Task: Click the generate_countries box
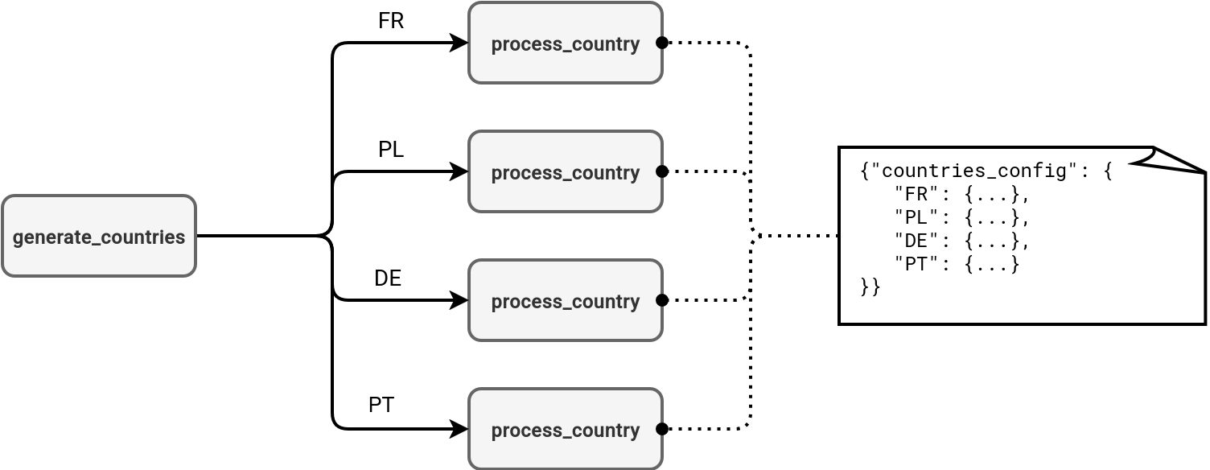[x=99, y=236]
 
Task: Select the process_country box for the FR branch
[x=565, y=43]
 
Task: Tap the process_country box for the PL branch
[x=565, y=171]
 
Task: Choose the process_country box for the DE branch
[x=565, y=300]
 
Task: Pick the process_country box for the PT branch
[x=565, y=429]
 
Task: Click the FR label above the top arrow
[x=390, y=21]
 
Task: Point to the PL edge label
[x=390, y=150]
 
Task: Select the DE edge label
[x=387, y=278]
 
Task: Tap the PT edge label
[x=381, y=405]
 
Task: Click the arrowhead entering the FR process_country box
[x=460, y=43]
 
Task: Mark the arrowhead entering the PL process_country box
[x=460, y=171]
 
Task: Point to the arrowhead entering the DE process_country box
[x=460, y=300]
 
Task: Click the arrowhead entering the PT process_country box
[x=460, y=429]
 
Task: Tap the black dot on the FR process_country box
[x=662, y=43]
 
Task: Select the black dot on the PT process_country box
[x=662, y=429]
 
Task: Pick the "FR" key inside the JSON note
[x=916, y=195]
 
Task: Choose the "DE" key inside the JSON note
[x=916, y=241]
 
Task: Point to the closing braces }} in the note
[x=870, y=287]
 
